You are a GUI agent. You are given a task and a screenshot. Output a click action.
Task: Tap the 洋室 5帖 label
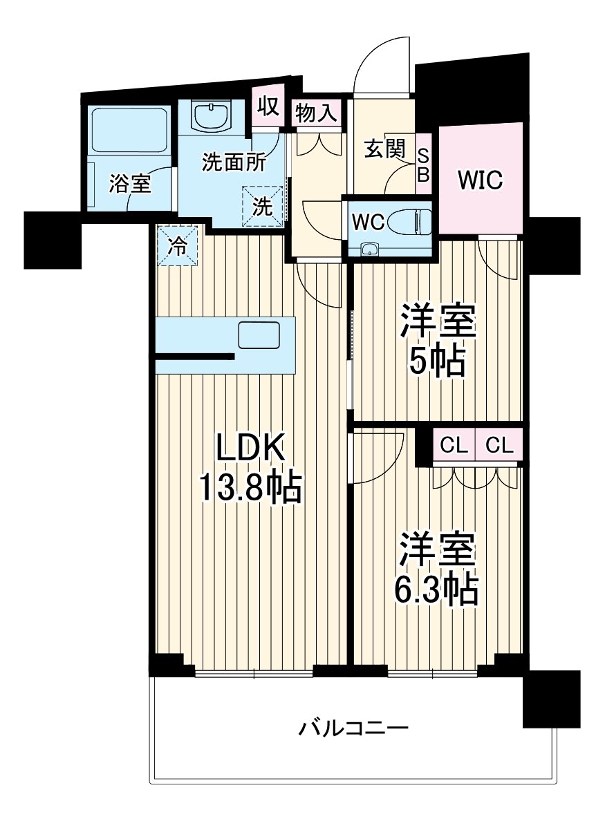pyautogui.click(x=437, y=340)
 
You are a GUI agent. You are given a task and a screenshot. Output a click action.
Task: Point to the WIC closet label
pyautogui.click(x=481, y=180)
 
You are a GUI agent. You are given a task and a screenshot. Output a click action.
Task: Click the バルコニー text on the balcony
pyautogui.click(x=354, y=728)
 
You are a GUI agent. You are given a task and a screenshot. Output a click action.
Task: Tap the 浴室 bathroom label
pyautogui.click(x=131, y=184)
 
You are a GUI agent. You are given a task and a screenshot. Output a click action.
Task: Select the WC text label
pyautogui.click(x=368, y=222)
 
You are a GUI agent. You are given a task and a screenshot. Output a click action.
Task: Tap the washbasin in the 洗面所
pyautogui.click(x=212, y=116)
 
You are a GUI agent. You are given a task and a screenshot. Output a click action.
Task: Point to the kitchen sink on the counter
pyautogui.click(x=259, y=335)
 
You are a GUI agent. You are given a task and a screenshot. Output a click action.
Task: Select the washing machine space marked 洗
pyautogui.click(x=263, y=205)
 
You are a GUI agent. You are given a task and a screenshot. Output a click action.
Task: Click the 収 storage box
pyautogui.click(x=268, y=106)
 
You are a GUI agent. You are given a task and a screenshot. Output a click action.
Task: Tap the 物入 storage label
pyautogui.click(x=317, y=113)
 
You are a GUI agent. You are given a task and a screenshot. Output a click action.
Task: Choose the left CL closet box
pyautogui.click(x=454, y=446)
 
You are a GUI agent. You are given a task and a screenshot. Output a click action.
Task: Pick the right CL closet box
pyautogui.click(x=499, y=446)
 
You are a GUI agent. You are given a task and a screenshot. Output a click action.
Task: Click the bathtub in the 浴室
pyautogui.click(x=130, y=131)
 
